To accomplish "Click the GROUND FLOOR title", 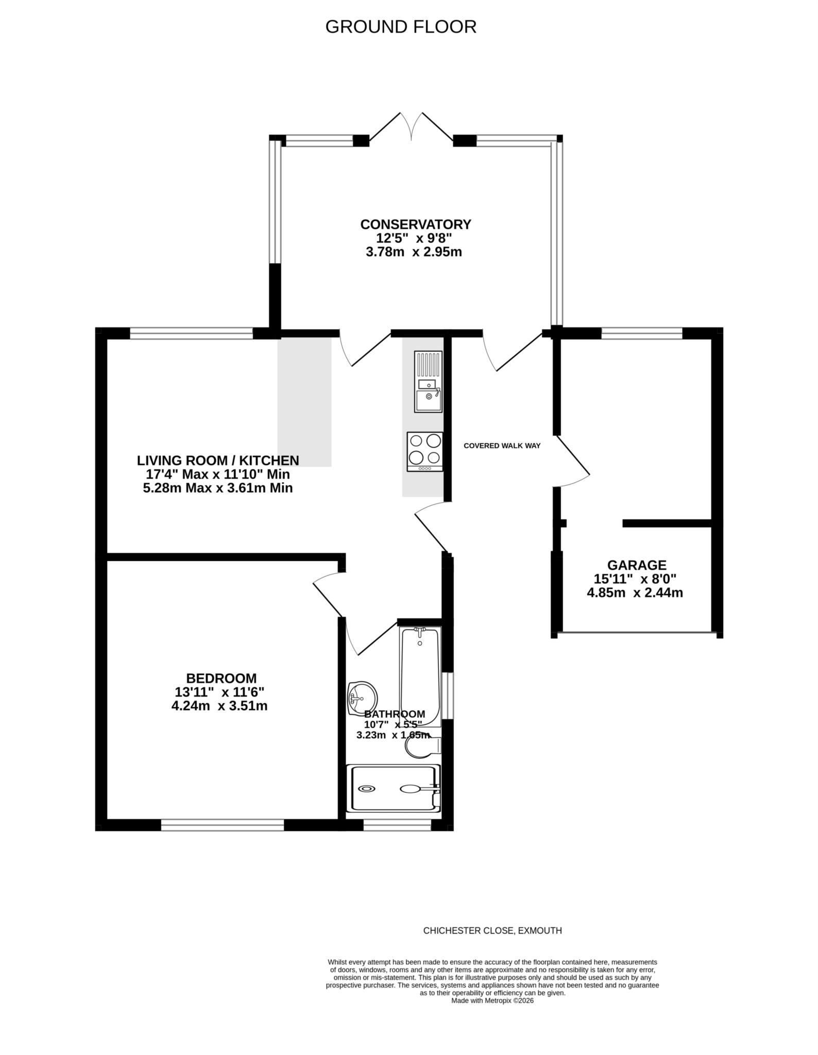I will pyautogui.click(x=401, y=27).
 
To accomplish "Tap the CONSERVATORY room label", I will pyautogui.click(x=415, y=225).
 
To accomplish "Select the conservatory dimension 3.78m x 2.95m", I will pyautogui.click(x=414, y=252).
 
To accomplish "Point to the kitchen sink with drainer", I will pyautogui.click(x=428, y=381).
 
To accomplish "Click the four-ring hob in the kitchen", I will pyautogui.click(x=425, y=451).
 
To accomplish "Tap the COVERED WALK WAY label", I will pyautogui.click(x=502, y=446).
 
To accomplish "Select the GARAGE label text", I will pyautogui.click(x=636, y=565).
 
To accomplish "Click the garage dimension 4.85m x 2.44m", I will pyautogui.click(x=635, y=593).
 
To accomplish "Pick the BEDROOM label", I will pyautogui.click(x=221, y=678).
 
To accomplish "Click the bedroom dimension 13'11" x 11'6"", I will pyautogui.click(x=219, y=692).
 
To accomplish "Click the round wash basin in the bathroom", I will pyautogui.click(x=362, y=699).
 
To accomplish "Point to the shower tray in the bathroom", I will pyautogui.click(x=394, y=789).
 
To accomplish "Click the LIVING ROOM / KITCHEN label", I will pyautogui.click(x=217, y=460).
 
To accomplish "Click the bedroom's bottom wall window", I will pyautogui.click(x=222, y=825).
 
